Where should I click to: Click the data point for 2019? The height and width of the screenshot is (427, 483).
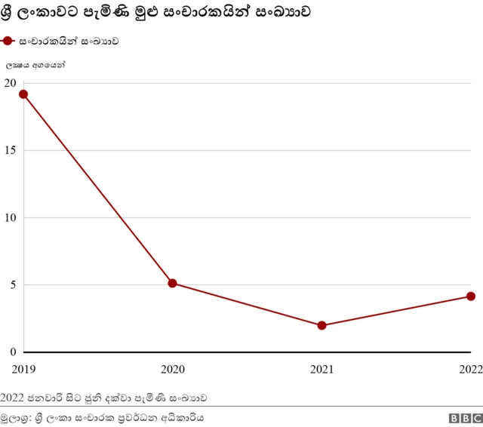pyautogui.click(x=23, y=94)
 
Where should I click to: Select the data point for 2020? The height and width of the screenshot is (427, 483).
pyautogui.click(x=172, y=283)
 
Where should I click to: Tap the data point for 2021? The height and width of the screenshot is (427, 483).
pyautogui.click(x=321, y=325)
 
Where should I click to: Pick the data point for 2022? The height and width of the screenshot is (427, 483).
pyautogui.click(x=470, y=296)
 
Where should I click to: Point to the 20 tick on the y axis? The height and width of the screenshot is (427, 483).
pyautogui.click(x=9, y=83)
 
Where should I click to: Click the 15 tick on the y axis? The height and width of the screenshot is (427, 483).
pyautogui.click(x=9, y=150)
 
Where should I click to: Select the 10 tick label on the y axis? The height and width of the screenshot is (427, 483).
pyautogui.click(x=9, y=217)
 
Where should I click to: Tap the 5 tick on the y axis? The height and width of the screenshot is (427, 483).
pyautogui.click(x=12, y=285)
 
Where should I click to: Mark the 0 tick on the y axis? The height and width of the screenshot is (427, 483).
pyautogui.click(x=12, y=352)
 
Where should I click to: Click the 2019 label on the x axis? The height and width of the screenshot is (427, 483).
pyautogui.click(x=23, y=368)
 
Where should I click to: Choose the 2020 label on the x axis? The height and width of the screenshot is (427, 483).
pyautogui.click(x=172, y=368)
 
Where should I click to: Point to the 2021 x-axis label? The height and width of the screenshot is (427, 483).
pyautogui.click(x=321, y=368)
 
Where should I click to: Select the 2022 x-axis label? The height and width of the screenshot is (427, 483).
pyautogui.click(x=469, y=368)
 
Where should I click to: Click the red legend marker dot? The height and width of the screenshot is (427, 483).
pyautogui.click(x=8, y=41)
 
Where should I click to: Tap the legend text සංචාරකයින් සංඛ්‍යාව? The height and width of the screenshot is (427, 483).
pyautogui.click(x=69, y=41)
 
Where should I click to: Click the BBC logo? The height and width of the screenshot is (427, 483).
pyautogui.click(x=465, y=418)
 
